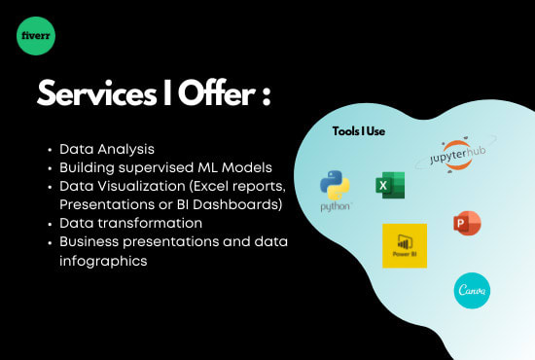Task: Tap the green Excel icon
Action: pyautogui.click(x=390, y=185)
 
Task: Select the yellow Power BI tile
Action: pyautogui.click(x=405, y=246)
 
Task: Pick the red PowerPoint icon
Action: pyautogui.click(x=467, y=224)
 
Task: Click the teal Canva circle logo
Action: pyautogui.click(x=473, y=289)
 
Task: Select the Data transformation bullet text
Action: pyautogui.click(x=131, y=223)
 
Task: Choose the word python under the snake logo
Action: pyautogui.click(x=336, y=206)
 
